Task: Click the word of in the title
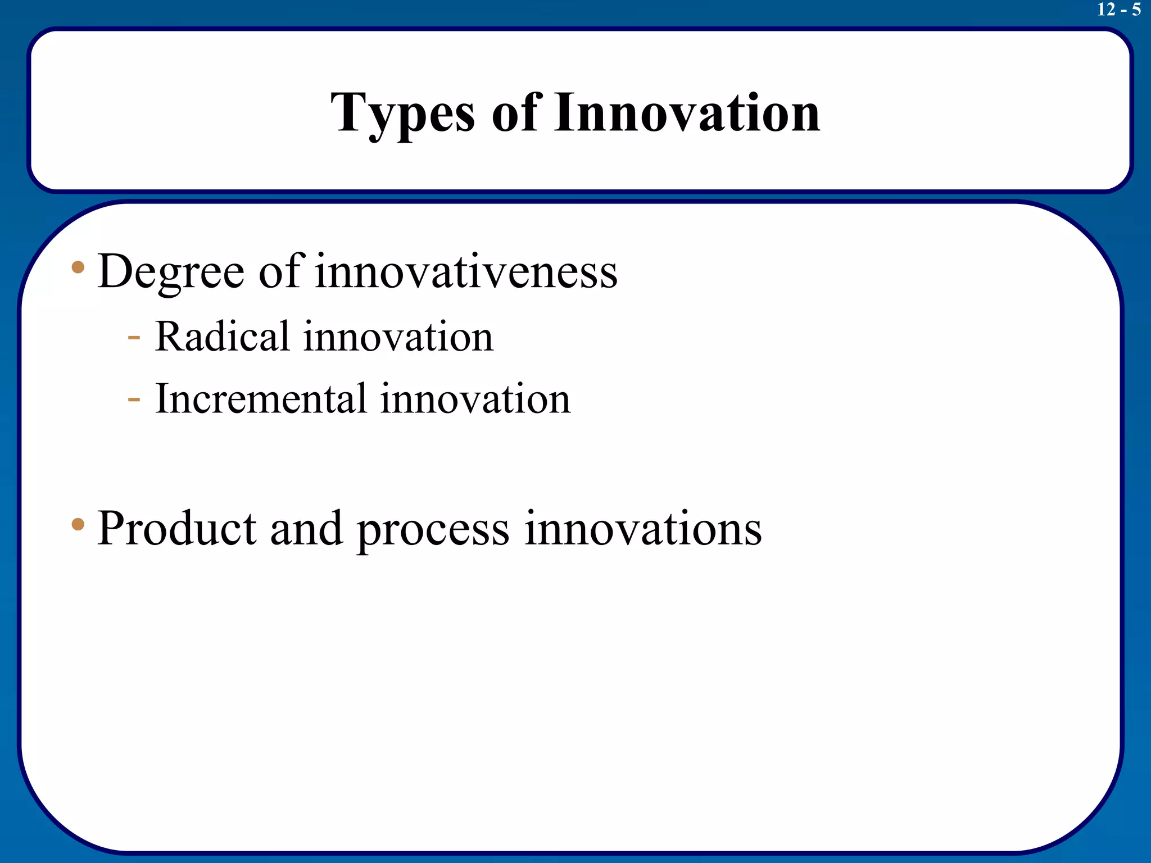click(x=516, y=114)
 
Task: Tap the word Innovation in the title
click(x=687, y=114)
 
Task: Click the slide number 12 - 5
click(x=1118, y=10)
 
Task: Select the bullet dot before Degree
click(x=78, y=267)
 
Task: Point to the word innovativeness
click(x=466, y=272)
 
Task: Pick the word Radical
click(x=222, y=337)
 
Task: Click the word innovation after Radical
click(x=398, y=337)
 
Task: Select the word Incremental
click(x=261, y=399)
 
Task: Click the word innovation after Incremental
click(x=475, y=399)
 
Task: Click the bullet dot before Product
click(x=78, y=525)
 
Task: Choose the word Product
click(x=176, y=529)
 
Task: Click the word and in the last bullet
click(x=306, y=529)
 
